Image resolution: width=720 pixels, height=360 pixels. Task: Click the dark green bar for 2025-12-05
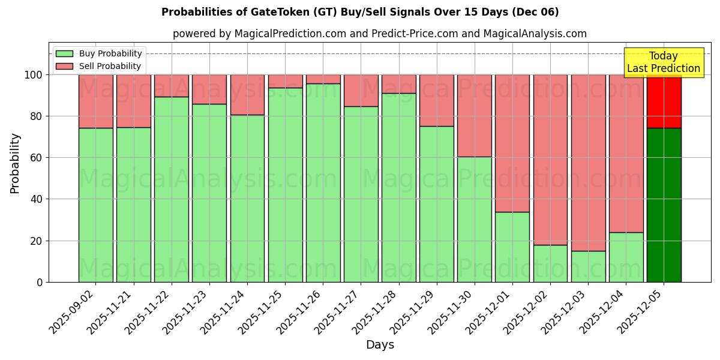pos(664,205)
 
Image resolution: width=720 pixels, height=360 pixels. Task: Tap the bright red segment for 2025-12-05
pos(664,101)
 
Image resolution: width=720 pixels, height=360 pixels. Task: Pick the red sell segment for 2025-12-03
pos(588,163)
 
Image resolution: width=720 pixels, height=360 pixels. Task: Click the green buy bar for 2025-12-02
pos(550,263)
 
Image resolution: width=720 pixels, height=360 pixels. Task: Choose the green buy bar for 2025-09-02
pos(95,205)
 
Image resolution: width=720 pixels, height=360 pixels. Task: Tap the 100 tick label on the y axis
pos(33,75)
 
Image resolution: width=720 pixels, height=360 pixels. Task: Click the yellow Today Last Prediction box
pos(664,62)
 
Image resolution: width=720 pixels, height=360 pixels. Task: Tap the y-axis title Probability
pos(15,163)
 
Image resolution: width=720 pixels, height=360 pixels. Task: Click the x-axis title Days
pos(380,345)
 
